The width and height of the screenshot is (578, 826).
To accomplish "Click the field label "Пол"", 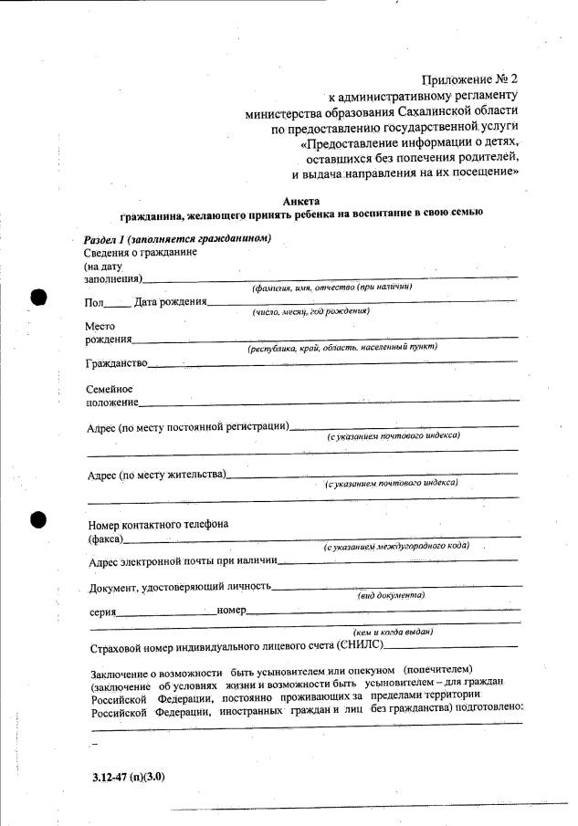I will click(x=94, y=302).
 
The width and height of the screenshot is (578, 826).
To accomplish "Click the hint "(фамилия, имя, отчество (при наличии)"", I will click(x=332, y=287).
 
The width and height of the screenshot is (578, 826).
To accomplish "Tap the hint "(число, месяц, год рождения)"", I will click(x=310, y=311).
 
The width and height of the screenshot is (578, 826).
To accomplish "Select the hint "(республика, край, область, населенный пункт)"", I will click(x=342, y=347).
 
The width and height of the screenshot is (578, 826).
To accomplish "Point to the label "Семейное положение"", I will click(x=110, y=395).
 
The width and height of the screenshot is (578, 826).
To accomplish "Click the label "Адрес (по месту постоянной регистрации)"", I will click(x=187, y=426).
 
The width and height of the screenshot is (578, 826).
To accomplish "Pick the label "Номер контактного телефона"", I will click(x=158, y=525).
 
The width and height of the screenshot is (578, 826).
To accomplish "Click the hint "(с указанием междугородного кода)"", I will click(x=396, y=546).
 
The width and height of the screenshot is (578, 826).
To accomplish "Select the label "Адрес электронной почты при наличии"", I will click(x=183, y=561).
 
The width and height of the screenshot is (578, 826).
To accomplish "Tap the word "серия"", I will click(x=102, y=612).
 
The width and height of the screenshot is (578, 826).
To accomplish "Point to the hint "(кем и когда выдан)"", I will click(x=393, y=632).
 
